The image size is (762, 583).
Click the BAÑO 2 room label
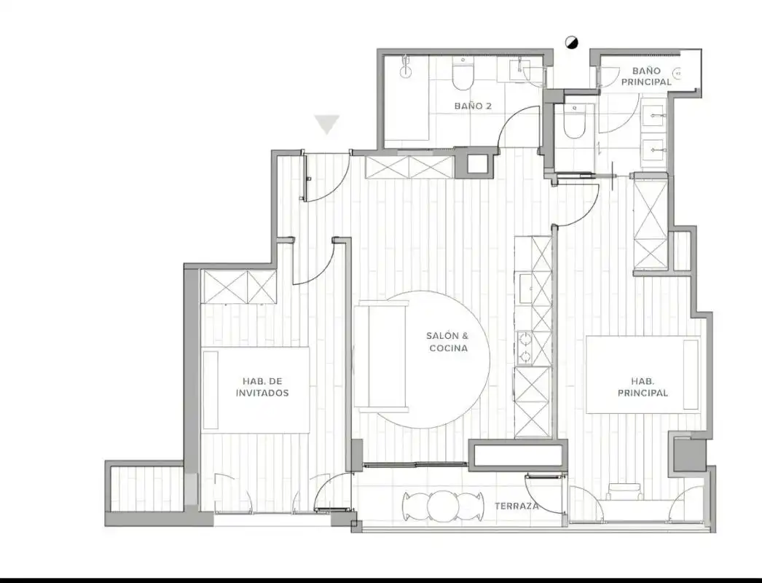[472, 106]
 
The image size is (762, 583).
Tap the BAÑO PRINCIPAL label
[646, 77]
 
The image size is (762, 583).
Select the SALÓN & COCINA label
[448, 342]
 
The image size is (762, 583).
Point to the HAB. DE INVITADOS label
[262, 387]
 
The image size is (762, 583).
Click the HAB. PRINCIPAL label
[643, 387]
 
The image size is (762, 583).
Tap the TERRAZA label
[516, 506]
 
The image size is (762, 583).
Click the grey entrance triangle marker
[326, 124]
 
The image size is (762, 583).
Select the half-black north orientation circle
[572, 43]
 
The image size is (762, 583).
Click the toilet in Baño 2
[462, 74]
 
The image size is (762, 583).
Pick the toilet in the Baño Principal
[574, 122]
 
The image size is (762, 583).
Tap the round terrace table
[443, 506]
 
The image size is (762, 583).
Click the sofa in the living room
[382, 356]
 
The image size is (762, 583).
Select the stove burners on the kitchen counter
[525, 348]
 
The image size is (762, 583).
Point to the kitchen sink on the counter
[525, 288]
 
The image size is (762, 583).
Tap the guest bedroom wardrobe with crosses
[239, 287]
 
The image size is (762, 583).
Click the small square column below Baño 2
[477, 163]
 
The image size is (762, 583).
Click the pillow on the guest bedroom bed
[211, 390]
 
